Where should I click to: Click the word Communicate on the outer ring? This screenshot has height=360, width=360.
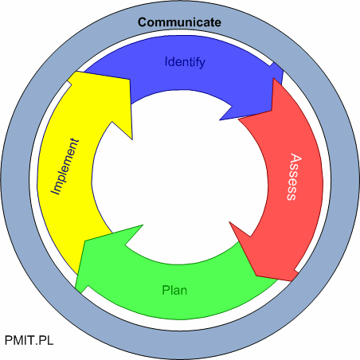[x=179, y=22]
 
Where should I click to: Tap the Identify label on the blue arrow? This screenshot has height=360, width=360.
[x=185, y=62]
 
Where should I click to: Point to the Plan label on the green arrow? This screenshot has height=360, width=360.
[x=174, y=290]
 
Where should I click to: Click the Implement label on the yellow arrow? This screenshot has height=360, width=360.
[x=65, y=166]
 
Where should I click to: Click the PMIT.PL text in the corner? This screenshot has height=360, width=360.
[x=29, y=340]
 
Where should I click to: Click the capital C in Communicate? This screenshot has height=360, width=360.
[x=143, y=22]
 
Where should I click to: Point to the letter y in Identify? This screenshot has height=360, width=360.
[x=202, y=64]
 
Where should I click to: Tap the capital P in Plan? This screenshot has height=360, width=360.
[x=166, y=290]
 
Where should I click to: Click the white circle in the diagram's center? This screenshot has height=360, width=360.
[x=179, y=178]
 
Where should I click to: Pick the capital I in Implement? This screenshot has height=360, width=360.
[x=55, y=191]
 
